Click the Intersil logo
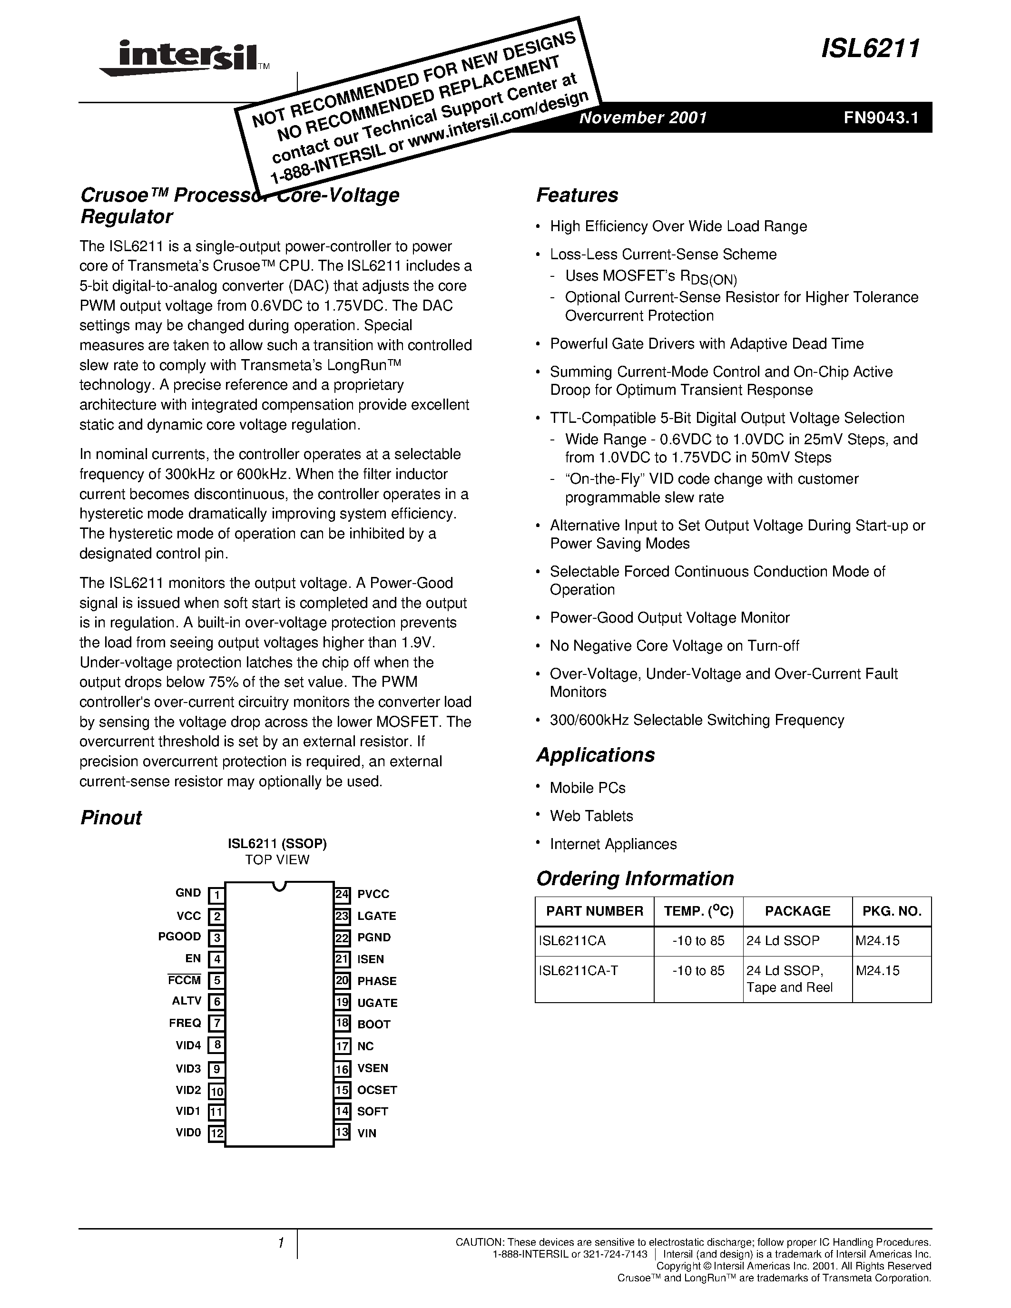pyautogui.click(x=180, y=58)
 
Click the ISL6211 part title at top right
pyautogui.click(x=870, y=49)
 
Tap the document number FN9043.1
pyautogui.click(x=881, y=117)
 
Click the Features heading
pyautogui.click(x=577, y=195)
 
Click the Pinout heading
pyautogui.click(x=111, y=818)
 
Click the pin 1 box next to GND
pyautogui.click(x=216, y=895)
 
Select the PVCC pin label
pyautogui.click(x=373, y=894)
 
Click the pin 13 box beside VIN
pyautogui.click(x=342, y=1132)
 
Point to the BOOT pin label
pyautogui.click(x=374, y=1024)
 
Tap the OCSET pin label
pyautogui.click(x=377, y=1090)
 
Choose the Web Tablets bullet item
pyautogui.click(x=591, y=816)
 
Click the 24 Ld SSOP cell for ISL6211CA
pyautogui.click(x=782, y=940)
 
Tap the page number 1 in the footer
pyautogui.click(x=280, y=1243)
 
